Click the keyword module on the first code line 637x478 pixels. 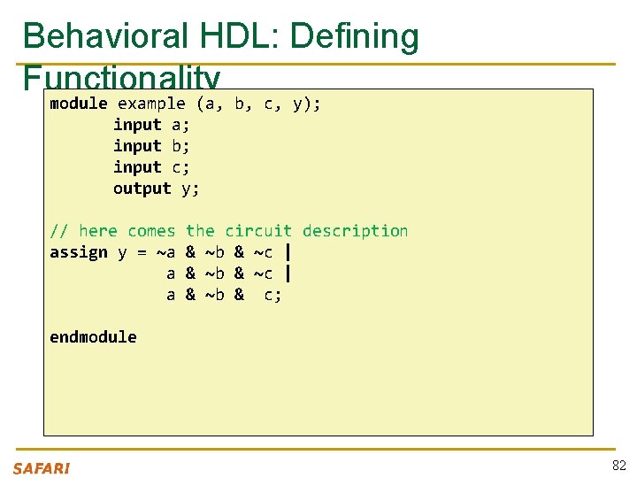tap(79, 104)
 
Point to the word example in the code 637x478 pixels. tap(151, 104)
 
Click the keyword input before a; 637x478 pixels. tap(137, 125)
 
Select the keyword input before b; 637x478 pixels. tap(137, 146)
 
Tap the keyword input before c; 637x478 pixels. tap(137, 167)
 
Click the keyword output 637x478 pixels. tap(142, 189)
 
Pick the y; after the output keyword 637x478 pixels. tap(190, 189)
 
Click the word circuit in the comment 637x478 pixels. tap(258, 231)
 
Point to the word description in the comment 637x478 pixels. tap(355, 231)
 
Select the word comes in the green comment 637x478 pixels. tap(151, 231)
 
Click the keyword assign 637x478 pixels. tap(79, 252)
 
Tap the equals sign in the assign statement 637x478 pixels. tap(142, 252)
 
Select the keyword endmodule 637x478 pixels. tap(93, 337)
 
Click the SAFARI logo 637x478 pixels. tap(42, 468)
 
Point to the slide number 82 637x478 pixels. tap(618, 466)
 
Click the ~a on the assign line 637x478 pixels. tap(165, 252)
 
